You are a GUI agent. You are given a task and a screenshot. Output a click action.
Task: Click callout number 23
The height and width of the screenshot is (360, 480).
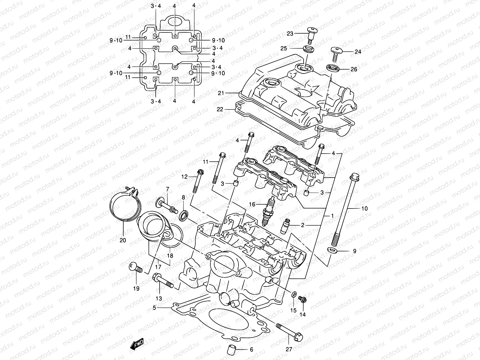pyautogui.click(x=290, y=34)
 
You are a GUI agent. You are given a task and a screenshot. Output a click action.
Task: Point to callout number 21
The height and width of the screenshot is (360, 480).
pyautogui.click(x=221, y=93)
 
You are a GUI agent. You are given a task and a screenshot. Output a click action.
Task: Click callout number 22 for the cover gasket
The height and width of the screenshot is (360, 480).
pyautogui.click(x=220, y=109)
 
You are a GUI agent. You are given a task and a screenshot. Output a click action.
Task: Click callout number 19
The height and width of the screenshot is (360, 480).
pyautogui.click(x=136, y=289)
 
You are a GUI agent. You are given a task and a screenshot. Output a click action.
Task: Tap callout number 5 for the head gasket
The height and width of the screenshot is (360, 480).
pyautogui.click(x=154, y=307)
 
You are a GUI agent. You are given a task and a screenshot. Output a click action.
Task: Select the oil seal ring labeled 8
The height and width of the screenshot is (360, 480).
pyautogui.click(x=184, y=216)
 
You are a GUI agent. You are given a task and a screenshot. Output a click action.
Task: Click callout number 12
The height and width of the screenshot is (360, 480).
pyautogui.click(x=184, y=177)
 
